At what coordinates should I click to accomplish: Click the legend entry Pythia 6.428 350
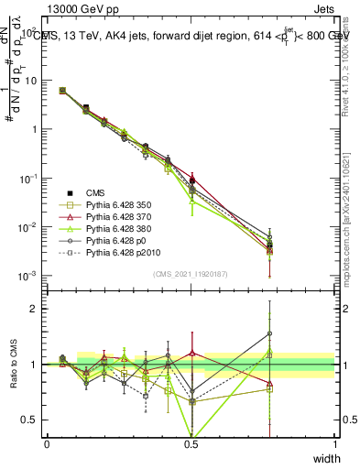118,204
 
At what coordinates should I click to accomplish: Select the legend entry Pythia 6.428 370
118,216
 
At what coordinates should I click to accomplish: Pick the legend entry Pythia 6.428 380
118,228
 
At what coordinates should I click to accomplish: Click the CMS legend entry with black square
97,192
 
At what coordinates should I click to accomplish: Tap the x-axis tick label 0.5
191,443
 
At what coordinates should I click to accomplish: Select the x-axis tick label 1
334,443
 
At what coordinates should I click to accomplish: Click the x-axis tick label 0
47,443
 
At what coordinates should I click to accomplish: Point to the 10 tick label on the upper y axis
32,80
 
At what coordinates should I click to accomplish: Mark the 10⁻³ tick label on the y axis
30,275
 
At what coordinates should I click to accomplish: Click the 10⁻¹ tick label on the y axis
30,178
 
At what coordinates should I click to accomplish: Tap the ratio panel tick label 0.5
33,420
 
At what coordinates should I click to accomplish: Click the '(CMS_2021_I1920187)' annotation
191,273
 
